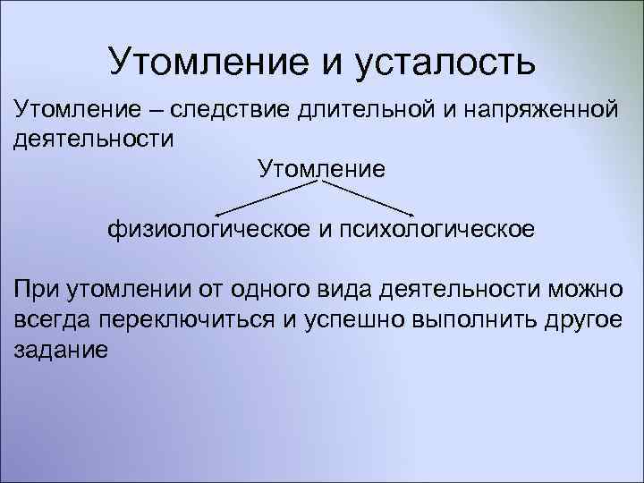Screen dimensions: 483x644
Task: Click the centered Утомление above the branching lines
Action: click(321, 168)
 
